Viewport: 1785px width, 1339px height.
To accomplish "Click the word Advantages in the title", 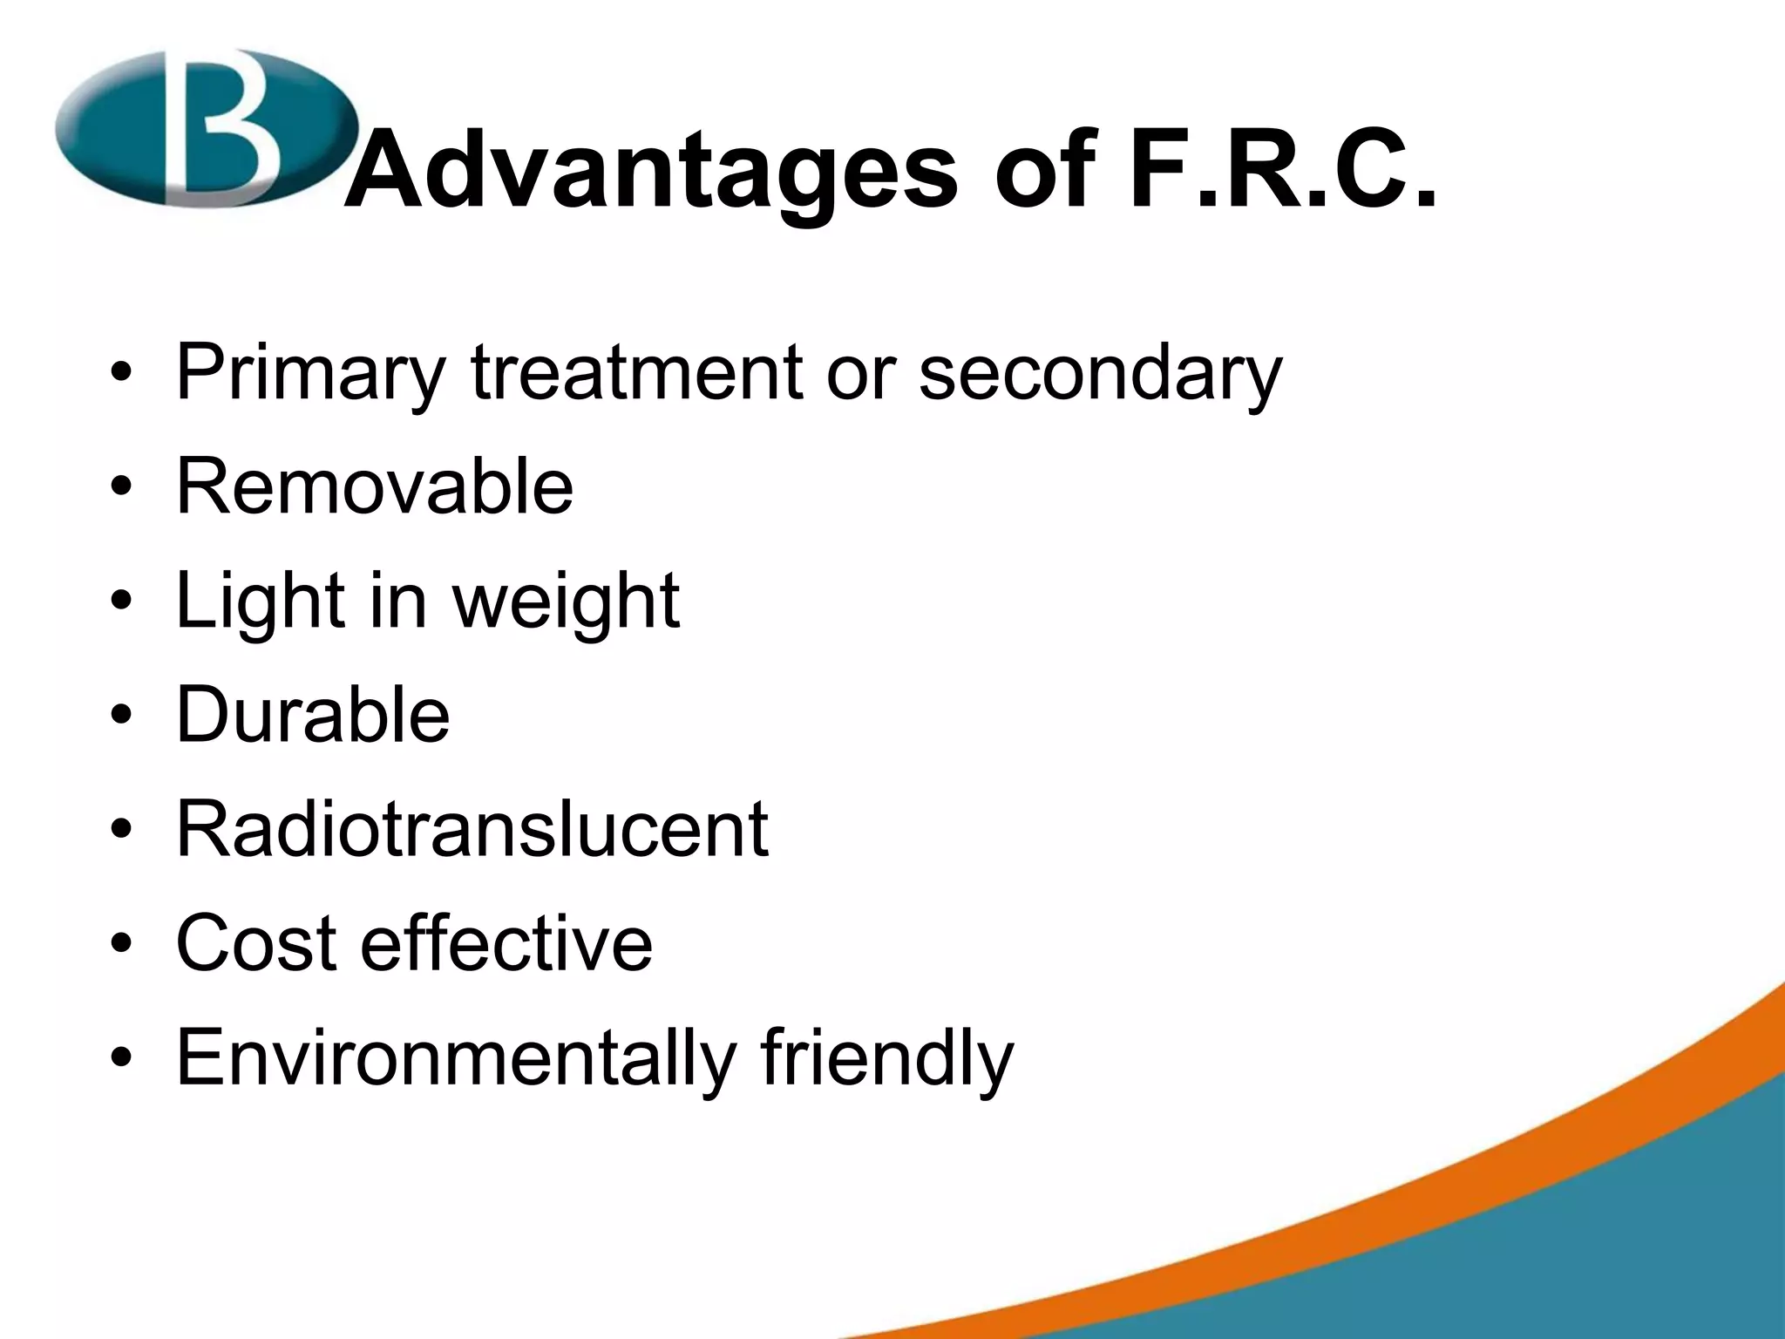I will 649,170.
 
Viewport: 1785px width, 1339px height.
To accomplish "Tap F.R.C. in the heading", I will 1281,170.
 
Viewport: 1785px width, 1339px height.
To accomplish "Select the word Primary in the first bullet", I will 309,373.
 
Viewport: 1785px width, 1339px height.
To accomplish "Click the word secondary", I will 1100,373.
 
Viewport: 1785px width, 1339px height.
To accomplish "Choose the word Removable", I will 375,486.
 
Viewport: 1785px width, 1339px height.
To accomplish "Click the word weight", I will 566,602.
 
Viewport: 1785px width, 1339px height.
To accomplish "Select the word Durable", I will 313,714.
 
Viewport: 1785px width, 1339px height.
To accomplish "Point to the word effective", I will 506,942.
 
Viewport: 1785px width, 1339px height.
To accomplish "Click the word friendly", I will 887,1058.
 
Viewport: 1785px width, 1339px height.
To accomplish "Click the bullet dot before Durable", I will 121,717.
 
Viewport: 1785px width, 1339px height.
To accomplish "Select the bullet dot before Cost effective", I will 121,945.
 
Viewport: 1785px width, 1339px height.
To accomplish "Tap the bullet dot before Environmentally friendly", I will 121,1059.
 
